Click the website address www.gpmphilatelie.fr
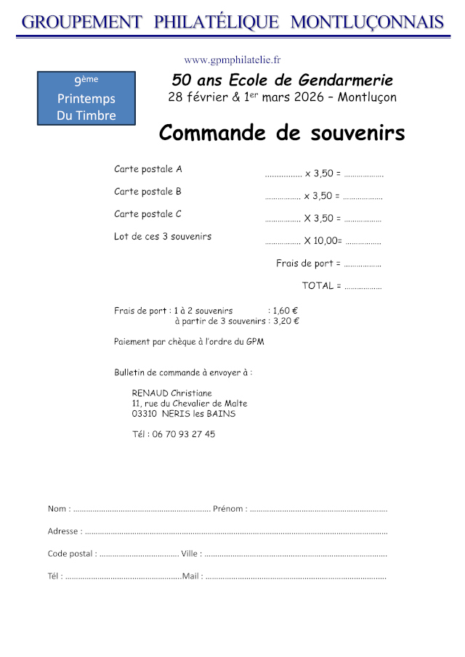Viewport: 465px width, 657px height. [232, 60]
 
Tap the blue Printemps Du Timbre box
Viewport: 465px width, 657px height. [86, 99]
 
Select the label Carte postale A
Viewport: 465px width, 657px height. [148, 169]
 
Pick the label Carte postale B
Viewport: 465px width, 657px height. [147, 192]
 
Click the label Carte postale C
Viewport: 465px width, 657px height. [147, 214]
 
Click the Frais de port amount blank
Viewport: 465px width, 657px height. [363, 264]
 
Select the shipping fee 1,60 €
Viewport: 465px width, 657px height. [286, 311]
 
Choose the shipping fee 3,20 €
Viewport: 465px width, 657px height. [286, 320]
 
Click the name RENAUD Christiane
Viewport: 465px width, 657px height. [172, 393]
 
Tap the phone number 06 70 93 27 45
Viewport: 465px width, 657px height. [184, 434]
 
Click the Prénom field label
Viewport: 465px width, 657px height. [229, 509]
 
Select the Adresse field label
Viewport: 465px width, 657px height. [64, 531]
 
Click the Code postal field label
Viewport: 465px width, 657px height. [71, 553]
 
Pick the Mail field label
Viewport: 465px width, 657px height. [192, 576]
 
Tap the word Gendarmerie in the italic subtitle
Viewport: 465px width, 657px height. [349, 81]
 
